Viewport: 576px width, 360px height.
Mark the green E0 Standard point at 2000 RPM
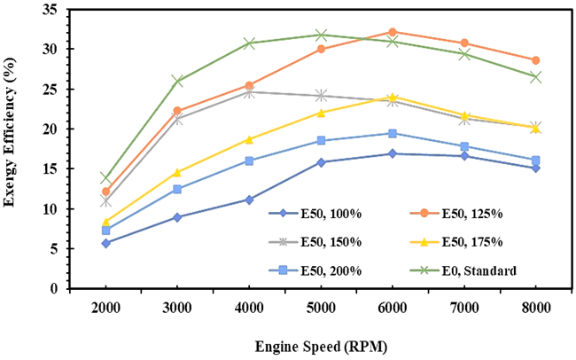point(106,177)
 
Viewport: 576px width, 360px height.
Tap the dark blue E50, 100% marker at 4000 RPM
point(249,200)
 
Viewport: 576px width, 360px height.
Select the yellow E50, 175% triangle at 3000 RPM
point(177,172)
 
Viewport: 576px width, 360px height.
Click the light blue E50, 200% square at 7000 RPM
point(463,146)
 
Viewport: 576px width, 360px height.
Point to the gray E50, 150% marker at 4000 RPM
point(249,91)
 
